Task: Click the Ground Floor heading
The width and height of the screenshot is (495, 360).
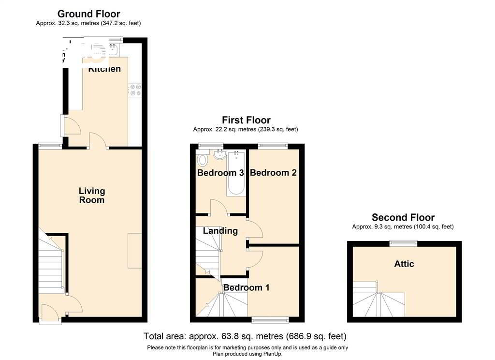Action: click(88, 14)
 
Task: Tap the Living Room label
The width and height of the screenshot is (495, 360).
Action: click(92, 195)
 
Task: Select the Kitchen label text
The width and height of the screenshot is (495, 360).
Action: click(104, 69)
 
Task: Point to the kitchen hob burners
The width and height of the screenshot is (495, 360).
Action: click(135, 90)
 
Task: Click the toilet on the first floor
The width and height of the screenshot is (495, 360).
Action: click(202, 159)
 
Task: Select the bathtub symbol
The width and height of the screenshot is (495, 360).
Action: click(236, 174)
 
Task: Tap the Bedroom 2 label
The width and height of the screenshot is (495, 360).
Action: click(273, 173)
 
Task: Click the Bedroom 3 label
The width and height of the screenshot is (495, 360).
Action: click(220, 173)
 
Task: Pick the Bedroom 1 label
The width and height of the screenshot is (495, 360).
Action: click(246, 287)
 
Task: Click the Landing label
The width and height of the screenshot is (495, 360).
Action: click(220, 231)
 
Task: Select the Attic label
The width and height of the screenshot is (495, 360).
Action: click(404, 264)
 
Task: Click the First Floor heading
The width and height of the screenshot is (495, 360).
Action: click(246, 120)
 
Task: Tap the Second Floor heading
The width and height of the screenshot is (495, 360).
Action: click(403, 217)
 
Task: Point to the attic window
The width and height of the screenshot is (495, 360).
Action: click(404, 243)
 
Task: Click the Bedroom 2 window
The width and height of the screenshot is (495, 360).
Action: click(273, 145)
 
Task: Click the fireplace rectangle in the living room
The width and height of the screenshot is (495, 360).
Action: click(135, 250)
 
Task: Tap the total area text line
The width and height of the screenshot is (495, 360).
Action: click(245, 336)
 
